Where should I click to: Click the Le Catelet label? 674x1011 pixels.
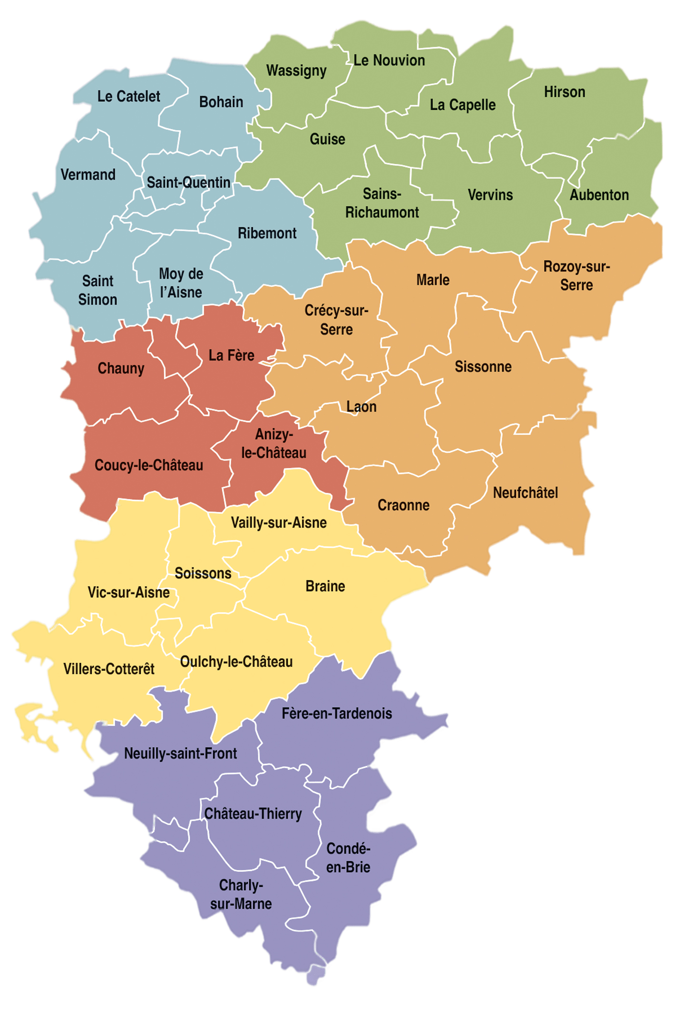pos(128,97)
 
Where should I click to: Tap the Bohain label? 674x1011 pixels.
pos(221,102)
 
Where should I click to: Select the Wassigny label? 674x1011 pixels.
pos(296,71)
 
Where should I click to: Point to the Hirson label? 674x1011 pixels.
pos(565,92)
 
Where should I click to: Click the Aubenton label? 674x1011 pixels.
pos(599,195)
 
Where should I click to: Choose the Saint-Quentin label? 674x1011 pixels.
pos(188,183)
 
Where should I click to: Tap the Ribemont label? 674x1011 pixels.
pos(267,233)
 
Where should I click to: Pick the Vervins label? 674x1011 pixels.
pos(490,195)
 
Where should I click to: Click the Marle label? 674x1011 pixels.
pos(433,280)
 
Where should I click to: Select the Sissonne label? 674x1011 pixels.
pos(483,367)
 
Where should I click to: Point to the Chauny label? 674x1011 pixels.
pos(121,369)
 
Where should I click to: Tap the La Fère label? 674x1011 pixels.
pos(231,355)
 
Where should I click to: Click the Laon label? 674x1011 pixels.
pos(361,407)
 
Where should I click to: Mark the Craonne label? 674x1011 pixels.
pos(403,505)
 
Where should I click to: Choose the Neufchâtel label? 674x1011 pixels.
pos(526,493)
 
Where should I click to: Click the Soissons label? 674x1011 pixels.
pos(203,574)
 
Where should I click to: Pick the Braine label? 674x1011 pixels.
pos(325,586)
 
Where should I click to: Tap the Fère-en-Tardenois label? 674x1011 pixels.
pos(337,714)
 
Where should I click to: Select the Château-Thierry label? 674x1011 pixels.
pos(253,814)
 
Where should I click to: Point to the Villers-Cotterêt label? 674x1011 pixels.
pos(109,669)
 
